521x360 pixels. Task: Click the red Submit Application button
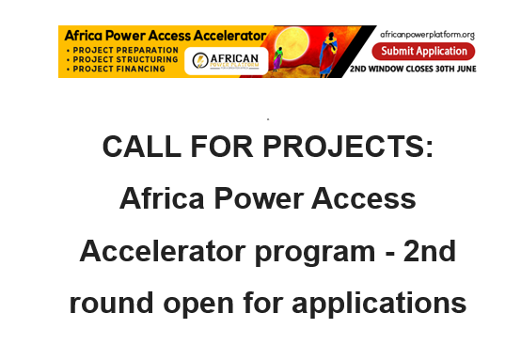pyautogui.click(x=422, y=51)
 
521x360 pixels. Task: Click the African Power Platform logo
pyautogui.click(x=225, y=60)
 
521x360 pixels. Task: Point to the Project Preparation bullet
pyautogui.click(x=109, y=47)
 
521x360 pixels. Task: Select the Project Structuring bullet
pyautogui.click(x=109, y=57)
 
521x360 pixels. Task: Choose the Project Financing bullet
pyautogui.click(x=106, y=68)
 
